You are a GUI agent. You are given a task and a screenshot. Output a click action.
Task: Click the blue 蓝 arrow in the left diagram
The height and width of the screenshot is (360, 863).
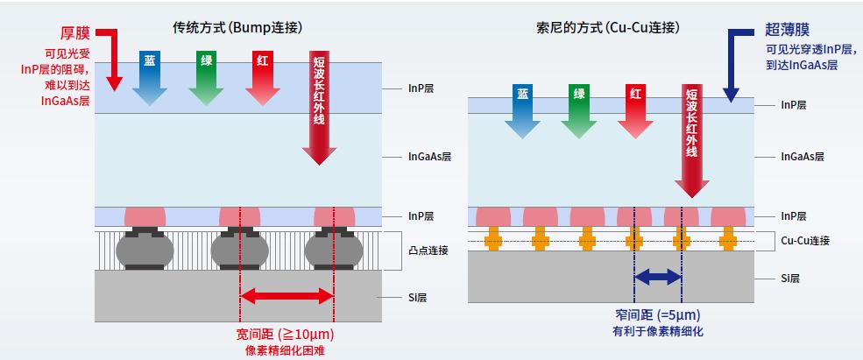(150, 76)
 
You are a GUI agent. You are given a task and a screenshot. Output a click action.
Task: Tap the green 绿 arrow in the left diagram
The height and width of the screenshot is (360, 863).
(206, 76)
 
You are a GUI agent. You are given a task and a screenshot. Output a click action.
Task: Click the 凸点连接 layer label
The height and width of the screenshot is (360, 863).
(428, 251)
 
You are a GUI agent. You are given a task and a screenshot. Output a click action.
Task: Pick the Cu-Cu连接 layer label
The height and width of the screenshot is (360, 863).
(804, 240)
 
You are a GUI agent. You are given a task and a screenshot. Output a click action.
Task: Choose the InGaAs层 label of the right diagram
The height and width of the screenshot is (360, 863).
(803, 158)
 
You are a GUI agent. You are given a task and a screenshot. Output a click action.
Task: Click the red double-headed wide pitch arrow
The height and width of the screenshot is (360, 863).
(286, 297)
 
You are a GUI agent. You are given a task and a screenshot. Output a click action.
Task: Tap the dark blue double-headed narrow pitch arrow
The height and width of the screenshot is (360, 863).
(658, 278)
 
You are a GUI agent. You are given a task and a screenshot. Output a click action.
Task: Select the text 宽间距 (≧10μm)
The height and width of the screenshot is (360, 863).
(286, 335)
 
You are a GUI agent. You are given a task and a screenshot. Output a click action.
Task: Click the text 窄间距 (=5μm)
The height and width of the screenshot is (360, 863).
(658, 315)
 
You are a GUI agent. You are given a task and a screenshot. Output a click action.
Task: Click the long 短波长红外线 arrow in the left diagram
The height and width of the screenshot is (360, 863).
(319, 105)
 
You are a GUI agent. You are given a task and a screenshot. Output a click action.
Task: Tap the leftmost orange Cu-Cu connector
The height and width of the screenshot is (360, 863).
(493, 237)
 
